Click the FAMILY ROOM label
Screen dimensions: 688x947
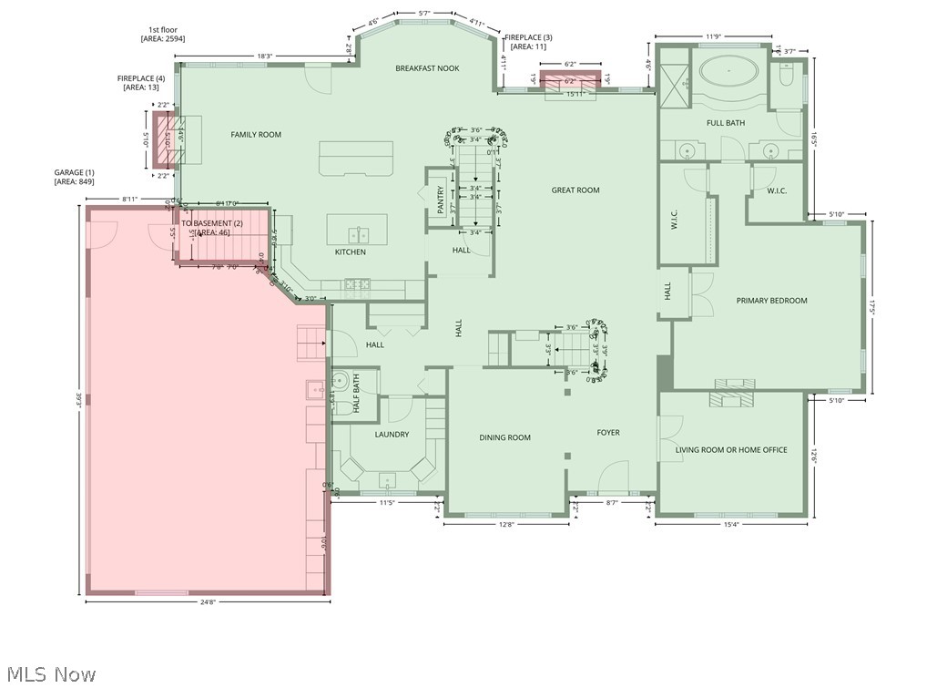point(255,135)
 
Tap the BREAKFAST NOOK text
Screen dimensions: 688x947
point(427,68)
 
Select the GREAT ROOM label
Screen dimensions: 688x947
point(575,190)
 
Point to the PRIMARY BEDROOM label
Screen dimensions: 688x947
point(771,301)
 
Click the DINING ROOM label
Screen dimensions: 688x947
point(504,438)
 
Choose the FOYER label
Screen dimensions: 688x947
point(608,433)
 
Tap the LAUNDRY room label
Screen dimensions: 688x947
point(392,435)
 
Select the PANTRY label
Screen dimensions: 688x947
point(440,200)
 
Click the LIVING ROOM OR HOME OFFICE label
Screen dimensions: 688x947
point(731,450)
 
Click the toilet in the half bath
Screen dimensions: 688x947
point(340,381)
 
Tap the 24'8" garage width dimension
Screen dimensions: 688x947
point(208,602)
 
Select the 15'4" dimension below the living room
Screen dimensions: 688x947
point(731,524)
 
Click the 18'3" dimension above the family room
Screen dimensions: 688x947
point(265,56)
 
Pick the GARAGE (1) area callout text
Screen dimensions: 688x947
point(74,177)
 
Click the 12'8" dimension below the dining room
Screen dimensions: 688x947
point(506,524)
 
